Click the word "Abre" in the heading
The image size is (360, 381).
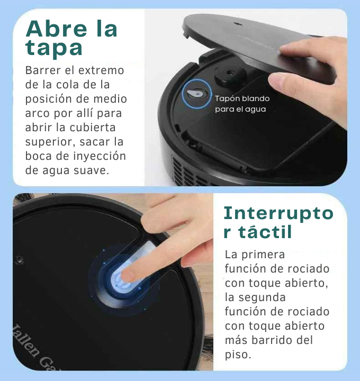click(56, 29)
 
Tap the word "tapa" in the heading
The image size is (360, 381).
click(53, 48)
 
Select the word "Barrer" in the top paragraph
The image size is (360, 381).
click(43, 70)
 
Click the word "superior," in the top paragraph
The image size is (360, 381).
click(50, 142)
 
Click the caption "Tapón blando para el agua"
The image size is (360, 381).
click(242, 104)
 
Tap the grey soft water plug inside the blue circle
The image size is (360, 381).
click(195, 93)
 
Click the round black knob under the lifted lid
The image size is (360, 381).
click(230, 75)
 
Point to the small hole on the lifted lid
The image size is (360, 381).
click(236, 24)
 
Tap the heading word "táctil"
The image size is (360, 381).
click(265, 232)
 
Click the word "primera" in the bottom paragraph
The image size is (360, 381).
click(263, 255)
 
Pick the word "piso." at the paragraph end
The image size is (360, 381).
click(238, 355)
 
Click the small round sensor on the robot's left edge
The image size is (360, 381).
click(19, 259)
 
